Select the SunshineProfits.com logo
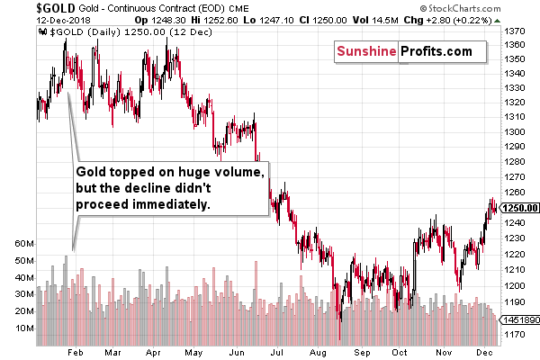(404, 51)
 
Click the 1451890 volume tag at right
(521, 319)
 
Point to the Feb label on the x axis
(76, 353)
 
